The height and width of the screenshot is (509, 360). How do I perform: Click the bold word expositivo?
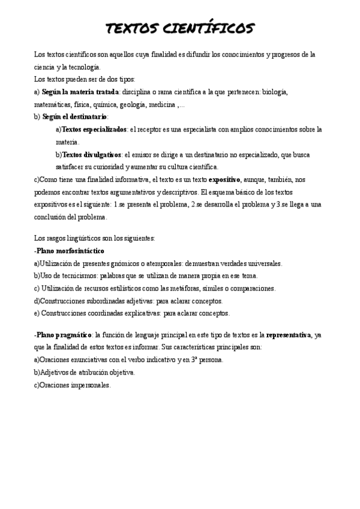224,179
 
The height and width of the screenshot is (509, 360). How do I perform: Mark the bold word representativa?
289,334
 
